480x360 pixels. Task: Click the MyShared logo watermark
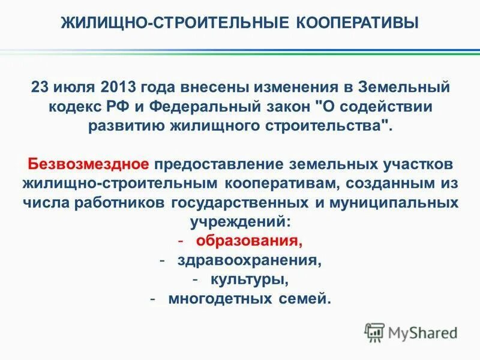(411, 332)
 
